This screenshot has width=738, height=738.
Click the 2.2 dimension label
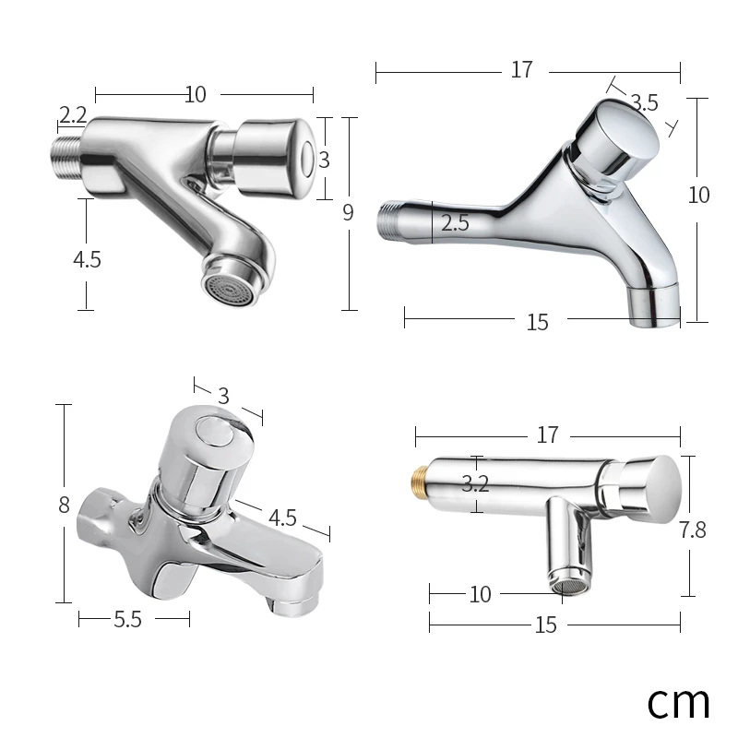tap(72, 115)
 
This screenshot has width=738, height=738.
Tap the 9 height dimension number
tap(348, 212)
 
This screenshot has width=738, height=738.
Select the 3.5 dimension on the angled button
tap(644, 102)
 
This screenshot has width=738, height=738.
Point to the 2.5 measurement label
tap(455, 222)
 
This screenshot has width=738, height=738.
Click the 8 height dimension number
tap(64, 505)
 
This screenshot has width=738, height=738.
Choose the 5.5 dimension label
tap(127, 620)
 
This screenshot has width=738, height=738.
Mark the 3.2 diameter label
tap(475, 482)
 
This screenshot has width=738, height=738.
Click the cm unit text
tap(678, 701)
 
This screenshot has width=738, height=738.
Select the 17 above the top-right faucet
tap(521, 70)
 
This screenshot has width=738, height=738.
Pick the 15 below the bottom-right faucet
tap(545, 625)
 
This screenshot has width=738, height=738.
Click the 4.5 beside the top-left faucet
tap(87, 259)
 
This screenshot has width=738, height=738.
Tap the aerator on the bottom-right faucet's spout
tap(565, 581)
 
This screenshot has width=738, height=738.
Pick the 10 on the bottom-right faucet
tap(480, 595)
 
